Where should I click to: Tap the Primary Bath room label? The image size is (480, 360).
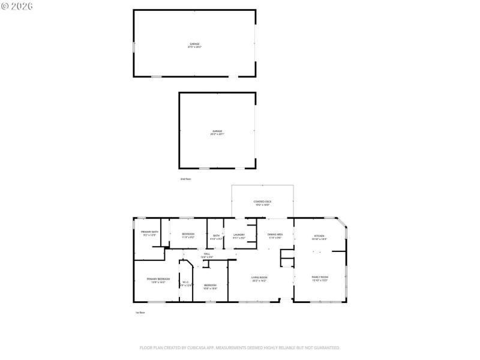(149, 233)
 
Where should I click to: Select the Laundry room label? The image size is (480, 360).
(239, 236)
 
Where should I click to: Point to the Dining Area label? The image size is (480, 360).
(275, 236)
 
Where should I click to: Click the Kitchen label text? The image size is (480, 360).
(318, 236)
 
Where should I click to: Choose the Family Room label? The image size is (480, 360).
(320, 277)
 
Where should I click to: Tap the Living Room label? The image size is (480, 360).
(259, 278)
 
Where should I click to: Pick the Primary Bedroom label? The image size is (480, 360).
(158, 280)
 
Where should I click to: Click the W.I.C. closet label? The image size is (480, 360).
(186, 283)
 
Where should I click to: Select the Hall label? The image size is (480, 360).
(207, 255)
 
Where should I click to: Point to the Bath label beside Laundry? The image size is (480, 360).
(216, 236)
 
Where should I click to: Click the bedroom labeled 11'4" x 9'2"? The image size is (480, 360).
(188, 235)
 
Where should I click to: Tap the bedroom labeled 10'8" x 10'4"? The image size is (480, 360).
(210, 286)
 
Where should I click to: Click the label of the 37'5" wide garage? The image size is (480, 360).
(194, 45)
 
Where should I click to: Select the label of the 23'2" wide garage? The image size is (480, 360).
(217, 132)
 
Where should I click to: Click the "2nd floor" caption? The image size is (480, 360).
(185, 179)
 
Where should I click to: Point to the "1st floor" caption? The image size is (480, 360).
(140, 313)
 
